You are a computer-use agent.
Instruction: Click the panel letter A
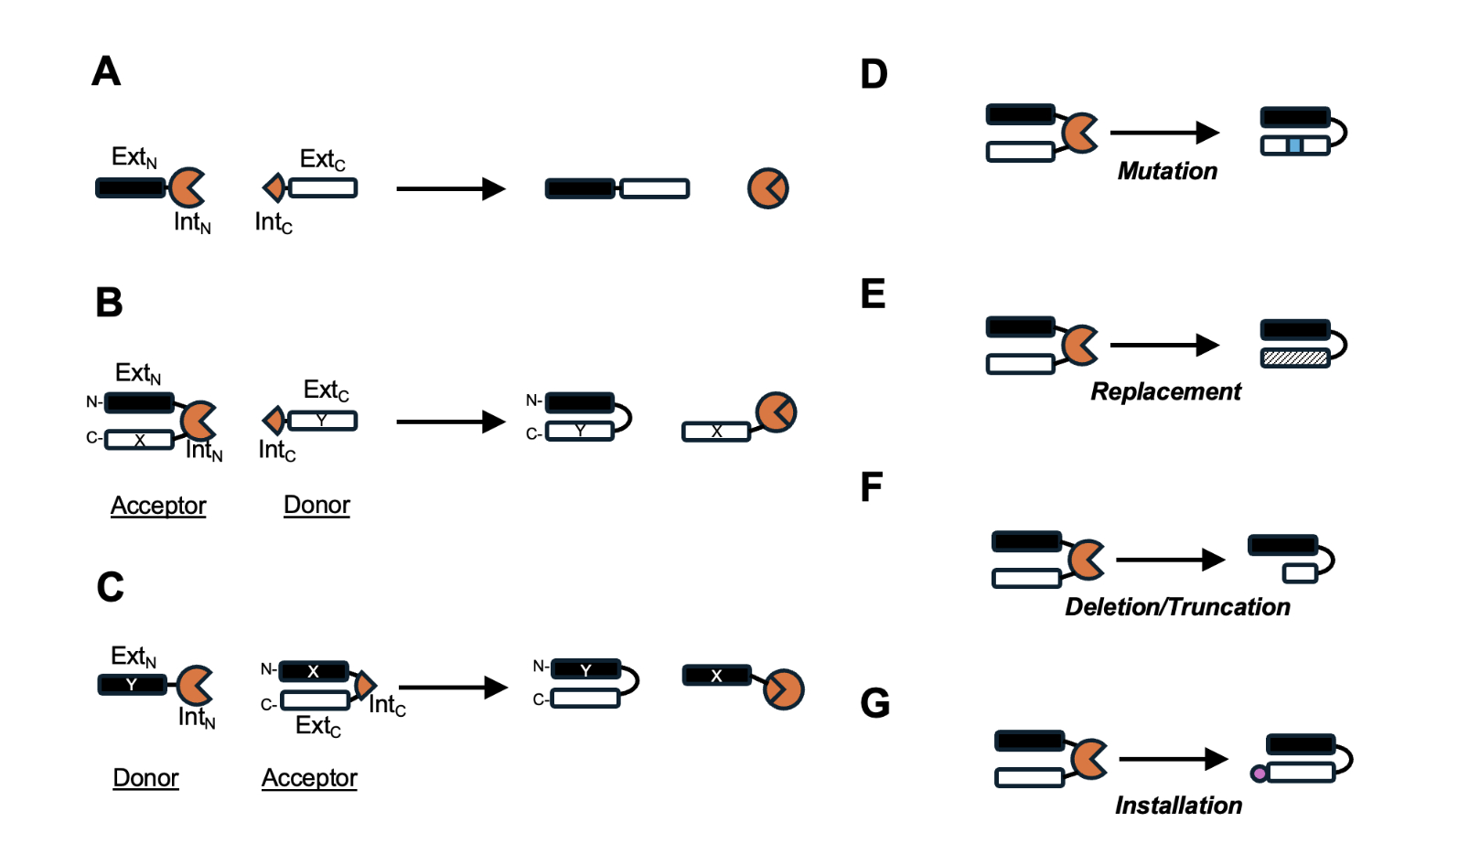click(106, 71)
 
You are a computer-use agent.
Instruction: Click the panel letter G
click(874, 703)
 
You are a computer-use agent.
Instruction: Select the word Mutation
click(1167, 171)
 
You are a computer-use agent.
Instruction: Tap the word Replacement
click(1165, 391)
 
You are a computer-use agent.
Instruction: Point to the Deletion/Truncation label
click(1177, 607)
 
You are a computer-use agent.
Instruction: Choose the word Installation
click(1178, 806)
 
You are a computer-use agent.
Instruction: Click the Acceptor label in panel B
click(158, 506)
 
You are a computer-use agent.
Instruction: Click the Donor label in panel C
click(145, 778)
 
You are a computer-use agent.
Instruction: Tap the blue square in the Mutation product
click(1294, 145)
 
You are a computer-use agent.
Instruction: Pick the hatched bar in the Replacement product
click(1294, 358)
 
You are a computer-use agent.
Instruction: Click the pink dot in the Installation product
click(1260, 774)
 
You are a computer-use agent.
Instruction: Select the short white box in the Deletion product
click(1300, 573)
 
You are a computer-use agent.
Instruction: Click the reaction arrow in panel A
click(450, 189)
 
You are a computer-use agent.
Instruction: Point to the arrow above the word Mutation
click(1164, 133)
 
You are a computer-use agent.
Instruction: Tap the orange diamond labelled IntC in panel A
click(273, 188)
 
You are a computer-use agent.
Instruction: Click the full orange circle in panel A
click(767, 188)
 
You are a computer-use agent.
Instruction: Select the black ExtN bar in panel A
click(131, 188)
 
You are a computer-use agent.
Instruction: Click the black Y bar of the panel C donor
click(132, 684)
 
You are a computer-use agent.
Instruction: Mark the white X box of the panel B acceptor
click(139, 440)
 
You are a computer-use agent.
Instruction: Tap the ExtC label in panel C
click(318, 726)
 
